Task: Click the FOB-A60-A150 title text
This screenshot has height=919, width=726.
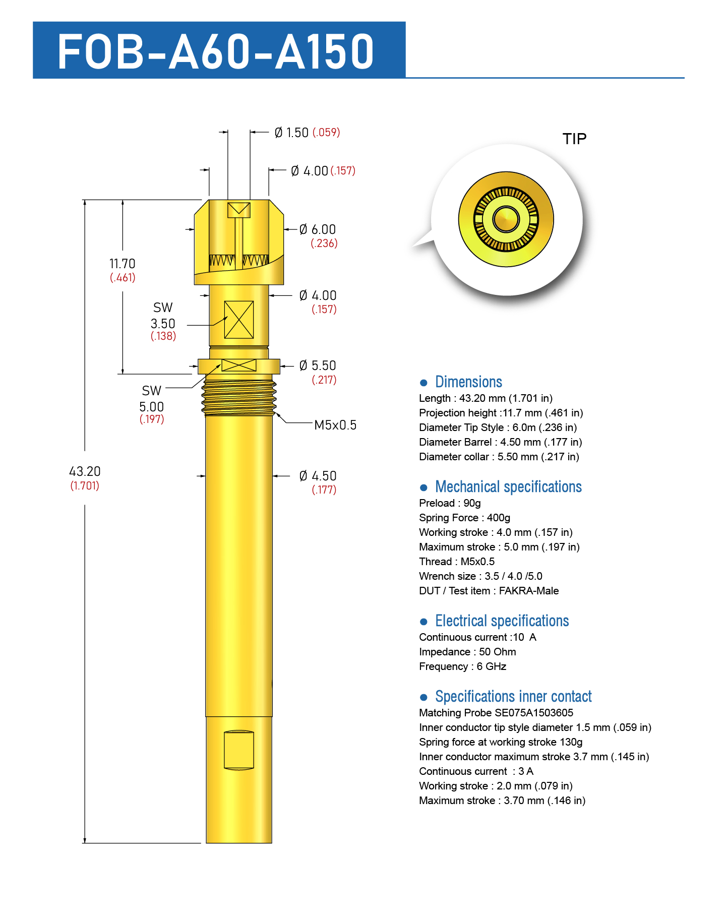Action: [216, 51]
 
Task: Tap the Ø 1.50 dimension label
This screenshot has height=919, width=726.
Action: [307, 133]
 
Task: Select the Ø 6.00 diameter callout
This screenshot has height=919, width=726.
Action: [318, 236]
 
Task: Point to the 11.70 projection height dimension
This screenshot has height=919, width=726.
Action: [123, 270]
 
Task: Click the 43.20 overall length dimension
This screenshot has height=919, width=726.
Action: [85, 478]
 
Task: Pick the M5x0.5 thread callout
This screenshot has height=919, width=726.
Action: [335, 425]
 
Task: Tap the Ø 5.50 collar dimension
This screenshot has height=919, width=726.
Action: [318, 372]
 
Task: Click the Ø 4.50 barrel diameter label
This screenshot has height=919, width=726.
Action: [318, 482]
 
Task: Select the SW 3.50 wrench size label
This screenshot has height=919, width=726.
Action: [163, 321]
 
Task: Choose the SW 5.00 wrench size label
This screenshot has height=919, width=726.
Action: [152, 404]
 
